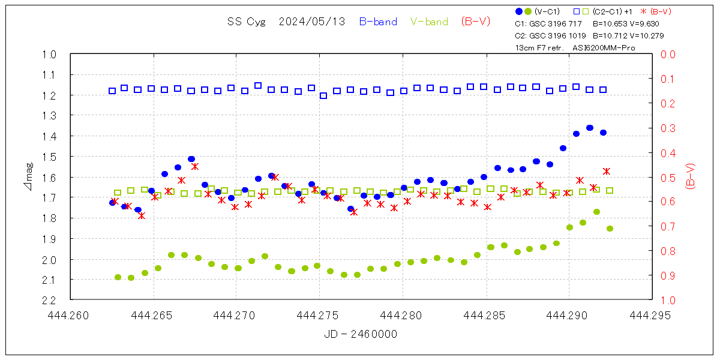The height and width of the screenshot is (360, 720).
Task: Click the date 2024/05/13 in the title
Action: click(x=312, y=22)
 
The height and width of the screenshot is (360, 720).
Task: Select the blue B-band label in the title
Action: click(x=378, y=22)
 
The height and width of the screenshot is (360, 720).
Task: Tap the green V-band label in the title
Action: click(x=429, y=22)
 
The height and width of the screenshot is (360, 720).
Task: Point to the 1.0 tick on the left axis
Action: click(x=50, y=55)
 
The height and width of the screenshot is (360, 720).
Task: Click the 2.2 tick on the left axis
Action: click(x=50, y=300)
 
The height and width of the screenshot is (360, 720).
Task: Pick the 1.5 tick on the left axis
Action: click(x=50, y=157)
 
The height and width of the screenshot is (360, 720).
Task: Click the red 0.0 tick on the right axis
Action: click(x=668, y=55)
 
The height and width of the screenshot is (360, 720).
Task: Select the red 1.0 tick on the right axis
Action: click(x=668, y=300)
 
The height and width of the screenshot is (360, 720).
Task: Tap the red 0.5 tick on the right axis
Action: click(x=668, y=178)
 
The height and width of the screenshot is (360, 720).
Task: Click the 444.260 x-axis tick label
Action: click(x=70, y=314)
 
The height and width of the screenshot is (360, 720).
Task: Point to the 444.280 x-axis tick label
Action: click(x=402, y=314)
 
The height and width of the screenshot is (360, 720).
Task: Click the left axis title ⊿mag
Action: click(x=28, y=177)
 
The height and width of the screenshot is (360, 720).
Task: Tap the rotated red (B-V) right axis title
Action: click(x=690, y=177)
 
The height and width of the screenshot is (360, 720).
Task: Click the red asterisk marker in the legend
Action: click(x=644, y=11)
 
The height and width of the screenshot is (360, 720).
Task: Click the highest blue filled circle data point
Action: click(x=590, y=128)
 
